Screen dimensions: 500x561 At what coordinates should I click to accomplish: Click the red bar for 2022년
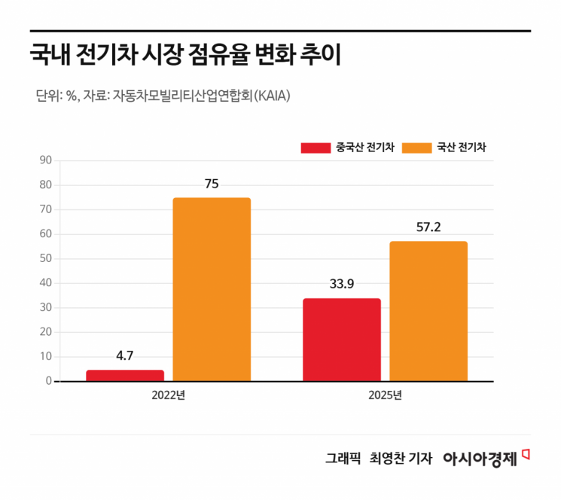125,375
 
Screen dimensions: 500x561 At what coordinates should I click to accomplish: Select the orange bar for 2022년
212,289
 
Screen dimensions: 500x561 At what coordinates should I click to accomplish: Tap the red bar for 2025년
341,340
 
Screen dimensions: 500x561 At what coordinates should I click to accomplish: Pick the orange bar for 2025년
428,311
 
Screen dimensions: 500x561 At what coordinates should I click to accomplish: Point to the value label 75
212,184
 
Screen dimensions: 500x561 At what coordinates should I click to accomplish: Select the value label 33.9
341,285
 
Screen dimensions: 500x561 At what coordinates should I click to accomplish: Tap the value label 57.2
428,227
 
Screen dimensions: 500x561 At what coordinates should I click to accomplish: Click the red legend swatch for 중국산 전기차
316,148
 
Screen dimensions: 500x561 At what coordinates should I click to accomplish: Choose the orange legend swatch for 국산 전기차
416,148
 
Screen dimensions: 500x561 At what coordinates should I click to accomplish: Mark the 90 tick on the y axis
45,160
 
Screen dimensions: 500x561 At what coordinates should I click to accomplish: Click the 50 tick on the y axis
45,258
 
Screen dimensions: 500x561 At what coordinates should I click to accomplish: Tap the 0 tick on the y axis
48,381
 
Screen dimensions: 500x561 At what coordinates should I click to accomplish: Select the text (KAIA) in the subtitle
272,96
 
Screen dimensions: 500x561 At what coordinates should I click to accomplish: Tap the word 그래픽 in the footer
343,458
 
